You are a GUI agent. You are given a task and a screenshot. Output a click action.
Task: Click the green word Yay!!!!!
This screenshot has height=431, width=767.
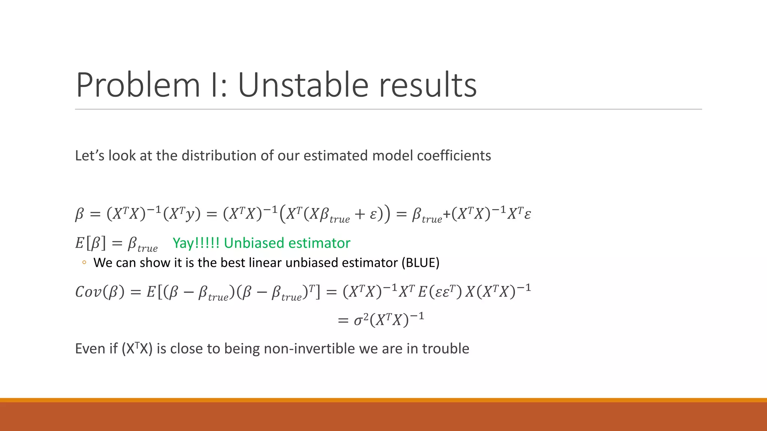tap(196, 243)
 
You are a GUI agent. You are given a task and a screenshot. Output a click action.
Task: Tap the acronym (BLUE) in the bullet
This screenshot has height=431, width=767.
tap(420, 263)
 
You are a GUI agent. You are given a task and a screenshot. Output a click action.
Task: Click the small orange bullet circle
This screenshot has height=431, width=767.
tap(84, 263)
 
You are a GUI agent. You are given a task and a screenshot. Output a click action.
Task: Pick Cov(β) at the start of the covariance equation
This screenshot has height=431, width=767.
tap(100, 292)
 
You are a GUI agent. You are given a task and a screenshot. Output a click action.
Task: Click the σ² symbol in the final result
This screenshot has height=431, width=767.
tap(361, 320)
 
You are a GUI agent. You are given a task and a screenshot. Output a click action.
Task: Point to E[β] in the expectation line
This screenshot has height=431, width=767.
tap(91, 244)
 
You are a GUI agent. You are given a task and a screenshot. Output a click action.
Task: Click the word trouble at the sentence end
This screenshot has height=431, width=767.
tap(445, 349)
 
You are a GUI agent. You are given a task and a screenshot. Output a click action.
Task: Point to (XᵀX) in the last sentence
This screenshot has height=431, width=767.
tap(137, 349)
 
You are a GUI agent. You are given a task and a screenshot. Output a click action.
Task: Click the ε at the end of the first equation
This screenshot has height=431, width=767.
tap(527, 215)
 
